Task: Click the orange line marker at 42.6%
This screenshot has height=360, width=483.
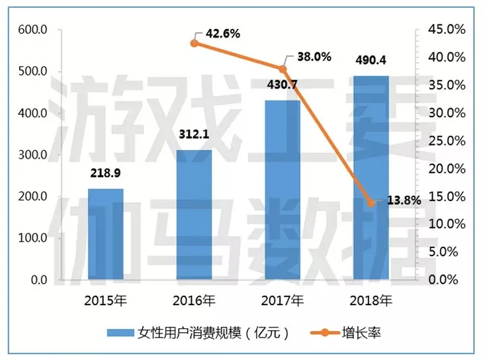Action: [194, 43]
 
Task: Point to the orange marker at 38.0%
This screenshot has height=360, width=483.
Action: [283, 69]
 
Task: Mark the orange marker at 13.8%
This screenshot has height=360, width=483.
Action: [371, 203]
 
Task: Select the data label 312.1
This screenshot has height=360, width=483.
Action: [194, 136]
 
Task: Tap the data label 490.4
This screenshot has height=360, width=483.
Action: [371, 61]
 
